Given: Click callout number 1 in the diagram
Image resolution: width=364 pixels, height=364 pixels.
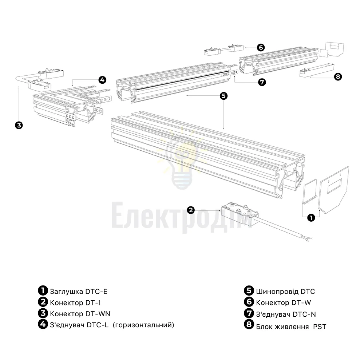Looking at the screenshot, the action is pos(311,218).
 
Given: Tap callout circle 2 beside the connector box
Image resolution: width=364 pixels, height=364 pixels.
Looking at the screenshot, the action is pos(191,210).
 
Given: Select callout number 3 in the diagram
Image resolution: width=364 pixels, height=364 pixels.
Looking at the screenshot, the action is pos(19,125).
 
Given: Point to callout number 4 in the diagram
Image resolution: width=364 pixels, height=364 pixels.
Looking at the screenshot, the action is pos(102,80).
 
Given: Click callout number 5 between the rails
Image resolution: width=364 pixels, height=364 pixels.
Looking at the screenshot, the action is pos(223,96).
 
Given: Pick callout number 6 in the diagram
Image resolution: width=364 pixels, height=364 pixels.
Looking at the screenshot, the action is pos(261,48).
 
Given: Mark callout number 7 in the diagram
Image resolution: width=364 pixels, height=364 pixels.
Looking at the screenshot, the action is pos(262,82).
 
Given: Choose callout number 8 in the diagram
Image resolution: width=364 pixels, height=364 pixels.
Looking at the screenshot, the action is pos(338,76).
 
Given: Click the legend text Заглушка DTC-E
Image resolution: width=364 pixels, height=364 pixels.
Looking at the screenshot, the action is pos(79,292).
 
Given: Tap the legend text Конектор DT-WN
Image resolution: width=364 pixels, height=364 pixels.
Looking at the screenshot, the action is pos(80,314).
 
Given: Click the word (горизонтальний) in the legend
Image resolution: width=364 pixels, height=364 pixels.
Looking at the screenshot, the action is pos(143,325).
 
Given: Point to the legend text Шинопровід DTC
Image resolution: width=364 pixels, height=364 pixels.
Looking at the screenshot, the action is pos(285,292).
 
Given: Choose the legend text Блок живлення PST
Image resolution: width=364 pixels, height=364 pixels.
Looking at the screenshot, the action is pos(291,327).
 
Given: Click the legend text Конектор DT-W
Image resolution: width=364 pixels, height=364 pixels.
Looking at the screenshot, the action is pos(284,303).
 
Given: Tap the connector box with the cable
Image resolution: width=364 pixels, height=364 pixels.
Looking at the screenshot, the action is pos(239,214).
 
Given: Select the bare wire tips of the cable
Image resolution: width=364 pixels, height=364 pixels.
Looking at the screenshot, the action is pos(309,239).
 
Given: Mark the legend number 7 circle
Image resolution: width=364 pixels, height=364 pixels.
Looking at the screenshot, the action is pos(249,313).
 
